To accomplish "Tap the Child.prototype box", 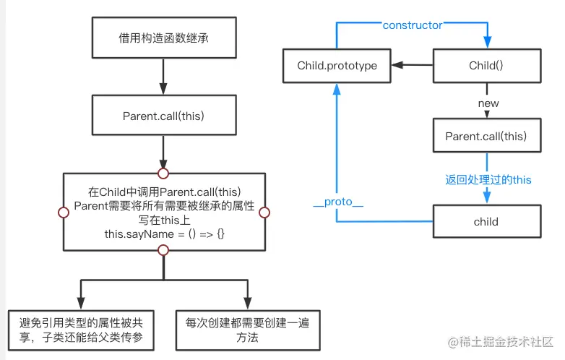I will (x=337, y=66).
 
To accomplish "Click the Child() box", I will (x=486, y=66).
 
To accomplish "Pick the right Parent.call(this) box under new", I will (x=486, y=137).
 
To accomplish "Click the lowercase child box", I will (x=486, y=222).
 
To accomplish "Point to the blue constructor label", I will (x=413, y=25).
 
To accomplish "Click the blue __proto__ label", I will (x=337, y=202).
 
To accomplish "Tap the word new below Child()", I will (x=488, y=103).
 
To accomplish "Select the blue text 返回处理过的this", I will (x=488, y=179).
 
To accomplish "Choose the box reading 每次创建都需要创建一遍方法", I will (x=247, y=330).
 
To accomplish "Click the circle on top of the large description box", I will (x=163, y=173).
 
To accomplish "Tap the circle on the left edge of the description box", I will (x=63, y=213).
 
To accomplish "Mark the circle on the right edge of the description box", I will (x=264, y=213).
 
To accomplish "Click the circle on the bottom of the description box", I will (x=163, y=250).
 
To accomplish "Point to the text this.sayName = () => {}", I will (x=163, y=236).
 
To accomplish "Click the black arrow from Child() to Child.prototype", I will (x=412, y=66).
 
